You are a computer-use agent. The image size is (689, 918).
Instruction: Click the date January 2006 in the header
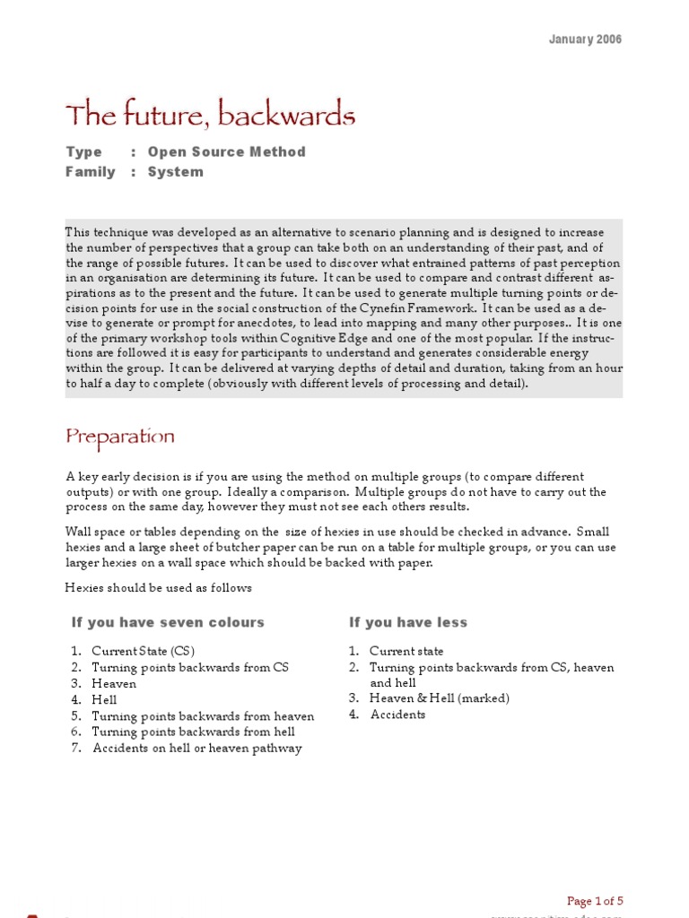[x=585, y=39]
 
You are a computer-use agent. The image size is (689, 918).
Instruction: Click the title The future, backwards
[x=210, y=116]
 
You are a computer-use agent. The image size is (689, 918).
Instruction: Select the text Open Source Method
[x=226, y=152]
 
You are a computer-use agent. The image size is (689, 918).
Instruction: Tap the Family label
[x=90, y=172]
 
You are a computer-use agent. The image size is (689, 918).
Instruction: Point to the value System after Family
[x=175, y=172]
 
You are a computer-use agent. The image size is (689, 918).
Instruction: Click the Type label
[x=83, y=152]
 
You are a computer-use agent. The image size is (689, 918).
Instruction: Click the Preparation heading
[x=120, y=437]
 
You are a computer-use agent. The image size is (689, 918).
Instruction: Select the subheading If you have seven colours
[x=168, y=622]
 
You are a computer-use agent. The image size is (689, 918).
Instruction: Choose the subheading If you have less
[x=408, y=622]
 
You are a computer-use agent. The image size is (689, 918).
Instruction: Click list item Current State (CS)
[x=143, y=652]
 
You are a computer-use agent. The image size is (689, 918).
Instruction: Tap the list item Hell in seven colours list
[x=104, y=700]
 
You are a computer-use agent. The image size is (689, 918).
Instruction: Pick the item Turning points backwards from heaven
[x=203, y=716]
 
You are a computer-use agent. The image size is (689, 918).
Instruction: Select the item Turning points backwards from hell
[x=195, y=732]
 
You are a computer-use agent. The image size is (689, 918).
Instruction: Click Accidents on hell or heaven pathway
[x=197, y=749]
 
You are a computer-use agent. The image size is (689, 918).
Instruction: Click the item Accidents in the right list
[x=397, y=714]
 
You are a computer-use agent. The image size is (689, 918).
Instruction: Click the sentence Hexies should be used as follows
[x=159, y=588]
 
